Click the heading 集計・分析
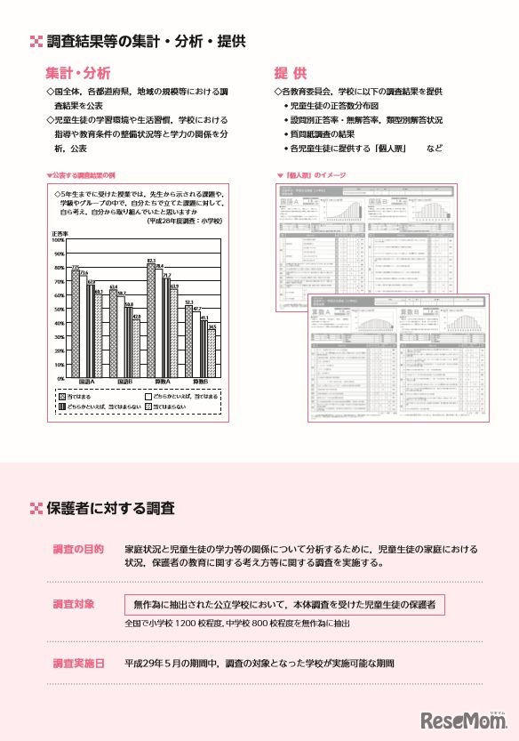coord(78,72)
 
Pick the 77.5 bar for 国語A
coord(76,324)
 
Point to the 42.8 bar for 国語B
coord(137,348)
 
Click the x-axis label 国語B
coord(125,383)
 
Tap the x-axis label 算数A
coord(163,383)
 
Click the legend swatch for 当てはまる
coord(63,395)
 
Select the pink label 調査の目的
coord(78,549)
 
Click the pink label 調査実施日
coord(78,664)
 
